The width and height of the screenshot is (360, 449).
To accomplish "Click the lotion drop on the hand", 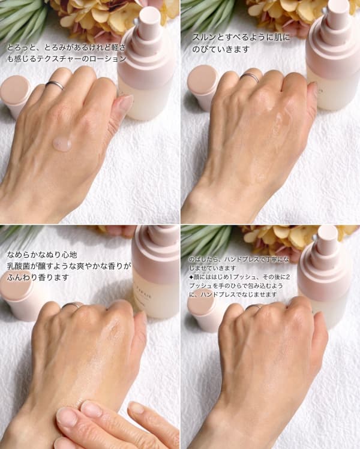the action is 62,144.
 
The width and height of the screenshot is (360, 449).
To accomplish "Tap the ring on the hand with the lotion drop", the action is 55,85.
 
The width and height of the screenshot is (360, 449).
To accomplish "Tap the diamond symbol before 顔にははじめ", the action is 191,277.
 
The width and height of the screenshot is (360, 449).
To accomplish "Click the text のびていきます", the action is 221,49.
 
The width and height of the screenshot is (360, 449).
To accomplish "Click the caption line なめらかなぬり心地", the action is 42,255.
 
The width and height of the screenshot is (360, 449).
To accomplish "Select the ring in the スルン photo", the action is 250,77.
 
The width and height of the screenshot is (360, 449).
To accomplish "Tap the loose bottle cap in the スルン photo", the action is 202,86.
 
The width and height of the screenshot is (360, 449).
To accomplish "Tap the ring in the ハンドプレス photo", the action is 253,307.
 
